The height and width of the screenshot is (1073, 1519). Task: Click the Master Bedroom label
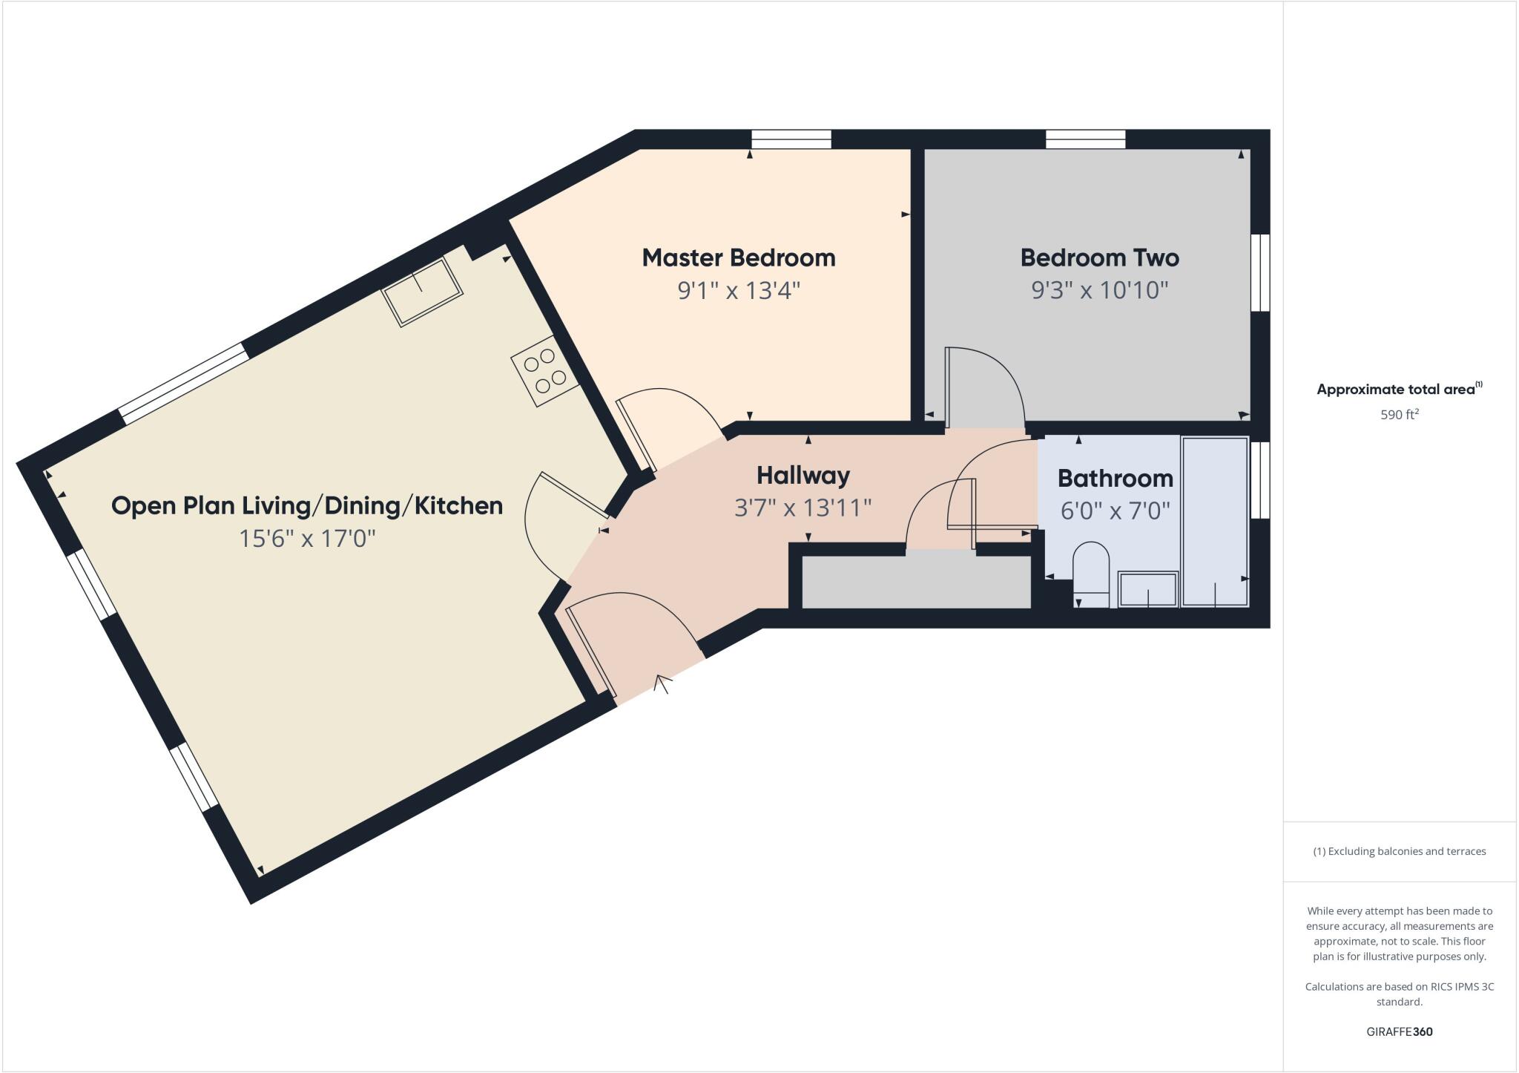click(738, 257)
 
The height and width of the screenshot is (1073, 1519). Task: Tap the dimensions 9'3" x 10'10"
click(1099, 289)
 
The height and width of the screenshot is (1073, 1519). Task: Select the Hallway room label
click(803, 475)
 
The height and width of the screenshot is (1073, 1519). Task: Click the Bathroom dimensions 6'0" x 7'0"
click(1115, 511)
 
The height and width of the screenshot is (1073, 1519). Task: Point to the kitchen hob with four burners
click(544, 370)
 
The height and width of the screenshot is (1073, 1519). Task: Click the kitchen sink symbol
click(422, 291)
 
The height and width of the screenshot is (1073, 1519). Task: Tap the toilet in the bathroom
click(1090, 575)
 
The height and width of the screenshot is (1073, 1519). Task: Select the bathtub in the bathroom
click(1215, 522)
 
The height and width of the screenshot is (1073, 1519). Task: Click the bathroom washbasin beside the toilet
click(1147, 589)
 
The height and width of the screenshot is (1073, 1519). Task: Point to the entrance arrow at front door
click(662, 683)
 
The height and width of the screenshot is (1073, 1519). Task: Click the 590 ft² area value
click(1399, 414)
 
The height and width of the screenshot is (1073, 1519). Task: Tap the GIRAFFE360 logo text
click(1399, 1031)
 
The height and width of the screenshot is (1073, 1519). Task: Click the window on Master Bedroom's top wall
click(791, 140)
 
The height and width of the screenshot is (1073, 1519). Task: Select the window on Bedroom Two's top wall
click(1085, 140)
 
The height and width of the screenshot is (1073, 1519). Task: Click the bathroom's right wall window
click(1259, 479)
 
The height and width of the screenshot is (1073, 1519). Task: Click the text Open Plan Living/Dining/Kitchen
click(306, 505)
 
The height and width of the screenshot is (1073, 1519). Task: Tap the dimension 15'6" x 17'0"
click(306, 538)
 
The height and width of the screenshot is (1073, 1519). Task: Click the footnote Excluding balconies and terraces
click(1399, 851)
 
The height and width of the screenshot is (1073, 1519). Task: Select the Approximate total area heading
click(1396, 389)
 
